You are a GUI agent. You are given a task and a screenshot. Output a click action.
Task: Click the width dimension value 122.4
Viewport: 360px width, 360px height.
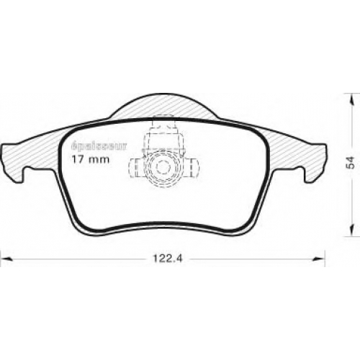click(x=168, y=258)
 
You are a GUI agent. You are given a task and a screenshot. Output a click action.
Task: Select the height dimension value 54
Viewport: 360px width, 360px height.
click(x=351, y=163)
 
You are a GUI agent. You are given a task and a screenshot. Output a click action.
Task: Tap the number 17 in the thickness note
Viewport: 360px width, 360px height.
click(x=78, y=159)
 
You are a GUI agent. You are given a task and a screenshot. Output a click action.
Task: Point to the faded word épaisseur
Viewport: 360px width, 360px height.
click(x=99, y=146)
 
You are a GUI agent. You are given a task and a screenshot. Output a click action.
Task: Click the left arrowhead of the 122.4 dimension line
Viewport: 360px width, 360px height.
click(x=6, y=258)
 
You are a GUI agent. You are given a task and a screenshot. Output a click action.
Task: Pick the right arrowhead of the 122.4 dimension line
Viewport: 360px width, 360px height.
click(x=319, y=258)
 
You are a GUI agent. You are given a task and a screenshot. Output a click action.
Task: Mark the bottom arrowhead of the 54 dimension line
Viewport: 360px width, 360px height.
click(x=352, y=230)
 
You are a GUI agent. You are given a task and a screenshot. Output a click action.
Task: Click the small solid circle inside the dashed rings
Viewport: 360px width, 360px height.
click(x=163, y=167)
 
